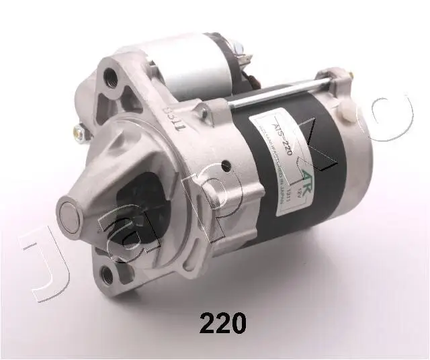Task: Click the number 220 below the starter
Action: point(222,324)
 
